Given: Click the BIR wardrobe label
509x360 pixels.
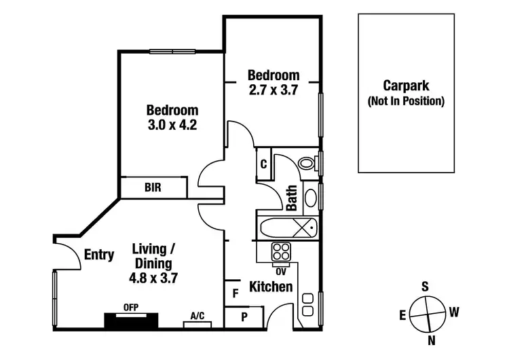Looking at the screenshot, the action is tap(153, 187).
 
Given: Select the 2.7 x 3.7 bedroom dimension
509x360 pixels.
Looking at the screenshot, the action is tap(273, 89).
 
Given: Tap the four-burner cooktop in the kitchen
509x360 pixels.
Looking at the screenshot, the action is tap(281, 252).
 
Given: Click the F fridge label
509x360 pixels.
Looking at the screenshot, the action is tap(235, 293).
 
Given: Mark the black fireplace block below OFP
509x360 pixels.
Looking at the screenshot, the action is tap(132, 321).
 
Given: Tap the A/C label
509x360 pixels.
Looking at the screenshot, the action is tap(197, 316).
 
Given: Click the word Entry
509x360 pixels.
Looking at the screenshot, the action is tap(99, 255).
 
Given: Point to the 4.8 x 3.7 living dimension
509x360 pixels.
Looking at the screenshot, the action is tap(153, 277).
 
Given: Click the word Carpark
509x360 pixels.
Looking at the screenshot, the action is tap(406, 86).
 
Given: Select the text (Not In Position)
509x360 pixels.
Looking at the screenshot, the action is tap(406, 102).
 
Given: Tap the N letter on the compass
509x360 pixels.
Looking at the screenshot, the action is tap(430, 340).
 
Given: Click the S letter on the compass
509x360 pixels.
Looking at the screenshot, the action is tap(426, 287).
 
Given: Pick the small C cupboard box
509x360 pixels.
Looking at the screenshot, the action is tap(263, 164).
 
